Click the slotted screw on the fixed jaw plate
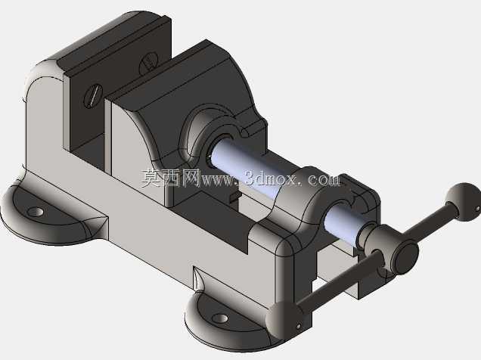(93, 95)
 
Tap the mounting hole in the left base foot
(36, 212)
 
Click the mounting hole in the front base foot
(220, 318)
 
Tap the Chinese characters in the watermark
(171, 178)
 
